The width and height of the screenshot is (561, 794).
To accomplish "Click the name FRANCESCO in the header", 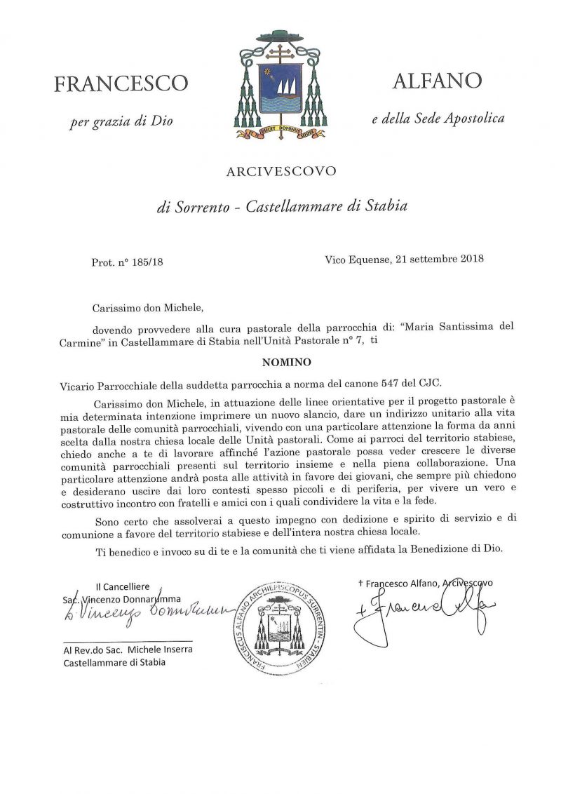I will point(121,84).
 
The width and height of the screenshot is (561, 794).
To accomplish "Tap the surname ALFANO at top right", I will point(437,81).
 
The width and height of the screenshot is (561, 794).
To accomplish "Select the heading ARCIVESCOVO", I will point(280,170).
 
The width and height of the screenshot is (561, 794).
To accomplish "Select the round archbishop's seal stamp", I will point(280,625).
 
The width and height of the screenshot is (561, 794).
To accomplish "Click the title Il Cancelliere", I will point(123,586).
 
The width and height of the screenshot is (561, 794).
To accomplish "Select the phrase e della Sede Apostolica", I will point(438,119).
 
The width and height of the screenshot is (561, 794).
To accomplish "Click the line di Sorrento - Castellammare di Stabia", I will point(280,207).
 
